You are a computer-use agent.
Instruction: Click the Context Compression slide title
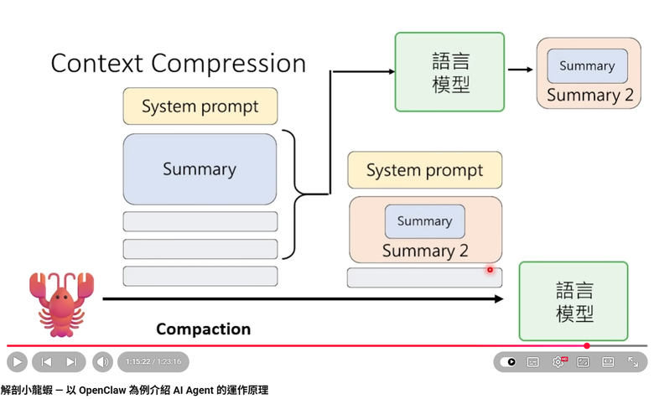[178, 64]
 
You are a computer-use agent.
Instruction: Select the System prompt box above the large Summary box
[200, 106]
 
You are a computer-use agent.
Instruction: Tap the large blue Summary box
[200, 168]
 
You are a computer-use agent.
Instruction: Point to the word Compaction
[203, 329]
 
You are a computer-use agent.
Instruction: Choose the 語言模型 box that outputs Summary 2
[449, 71]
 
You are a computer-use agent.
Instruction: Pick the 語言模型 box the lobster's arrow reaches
[574, 301]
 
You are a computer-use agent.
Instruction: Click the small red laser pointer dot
[490, 270]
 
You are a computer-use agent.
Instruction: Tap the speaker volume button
[102, 362]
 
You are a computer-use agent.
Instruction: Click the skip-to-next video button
[71, 362]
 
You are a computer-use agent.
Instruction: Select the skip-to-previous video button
[46, 362]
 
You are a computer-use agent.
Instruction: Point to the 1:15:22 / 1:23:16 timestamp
[153, 362]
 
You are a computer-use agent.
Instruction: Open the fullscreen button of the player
[633, 362]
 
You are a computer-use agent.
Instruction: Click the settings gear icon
[558, 362]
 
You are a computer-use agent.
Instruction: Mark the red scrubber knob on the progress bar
[587, 345]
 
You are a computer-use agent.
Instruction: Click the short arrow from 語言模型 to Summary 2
[521, 71]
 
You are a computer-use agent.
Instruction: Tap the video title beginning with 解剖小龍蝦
[134, 390]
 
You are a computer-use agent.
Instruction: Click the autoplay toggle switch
[508, 362]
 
